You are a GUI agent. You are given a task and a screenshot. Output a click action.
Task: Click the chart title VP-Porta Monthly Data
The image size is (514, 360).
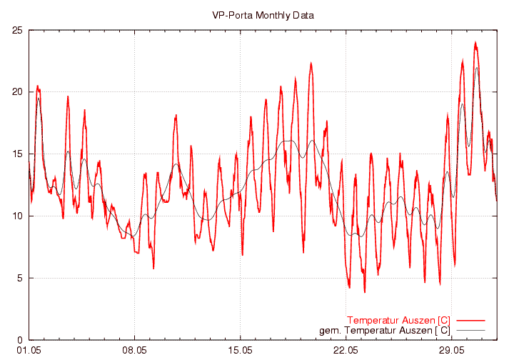[263, 14]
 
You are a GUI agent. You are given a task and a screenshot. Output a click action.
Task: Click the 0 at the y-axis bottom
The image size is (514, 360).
[20, 341]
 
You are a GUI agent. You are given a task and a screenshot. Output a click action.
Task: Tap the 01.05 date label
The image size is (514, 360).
[29, 351]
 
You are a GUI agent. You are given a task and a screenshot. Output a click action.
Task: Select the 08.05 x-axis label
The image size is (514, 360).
[134, 351]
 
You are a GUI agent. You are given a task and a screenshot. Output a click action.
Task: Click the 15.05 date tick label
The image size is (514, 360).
[241, 351]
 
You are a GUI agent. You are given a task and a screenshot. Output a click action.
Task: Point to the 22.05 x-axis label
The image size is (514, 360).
[346, 351]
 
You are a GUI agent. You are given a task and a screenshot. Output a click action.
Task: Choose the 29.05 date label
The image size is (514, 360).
[452, 351]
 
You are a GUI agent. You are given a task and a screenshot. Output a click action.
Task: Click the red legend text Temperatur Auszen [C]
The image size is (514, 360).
[398, 319]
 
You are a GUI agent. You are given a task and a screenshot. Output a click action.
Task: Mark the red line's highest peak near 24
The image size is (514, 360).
[475, 42]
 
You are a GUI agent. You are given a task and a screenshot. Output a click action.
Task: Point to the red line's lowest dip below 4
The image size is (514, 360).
[365, 291]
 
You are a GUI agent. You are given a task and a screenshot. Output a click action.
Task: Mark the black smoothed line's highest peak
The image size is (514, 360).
[477, 68]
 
